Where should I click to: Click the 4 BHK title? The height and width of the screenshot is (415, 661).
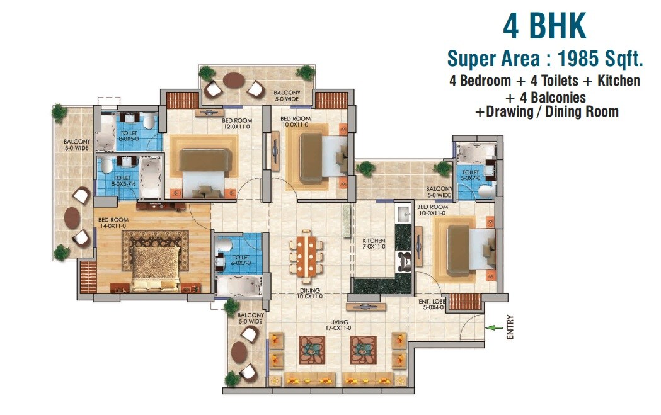[x=544, y=26]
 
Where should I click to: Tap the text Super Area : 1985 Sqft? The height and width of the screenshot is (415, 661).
[x=544, y=59]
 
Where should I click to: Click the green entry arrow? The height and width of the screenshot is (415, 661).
[x=495, y=327]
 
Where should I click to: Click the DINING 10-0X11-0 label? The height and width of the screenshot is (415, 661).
[x=310, y=293]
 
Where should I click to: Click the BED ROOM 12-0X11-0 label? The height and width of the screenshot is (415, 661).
[x=237, y=123]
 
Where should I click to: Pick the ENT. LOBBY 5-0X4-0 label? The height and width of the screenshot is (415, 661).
[x=432, y=305]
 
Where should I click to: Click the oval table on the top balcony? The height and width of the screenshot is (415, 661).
[x=234, y=81]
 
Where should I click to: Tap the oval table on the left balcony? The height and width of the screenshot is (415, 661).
[x=72, y=217]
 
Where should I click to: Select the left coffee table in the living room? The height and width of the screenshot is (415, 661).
[x=311, y=347]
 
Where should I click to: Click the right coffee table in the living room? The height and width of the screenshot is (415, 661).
[x=363, y=347]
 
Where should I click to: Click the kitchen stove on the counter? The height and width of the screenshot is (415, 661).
[x=403, y=257]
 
